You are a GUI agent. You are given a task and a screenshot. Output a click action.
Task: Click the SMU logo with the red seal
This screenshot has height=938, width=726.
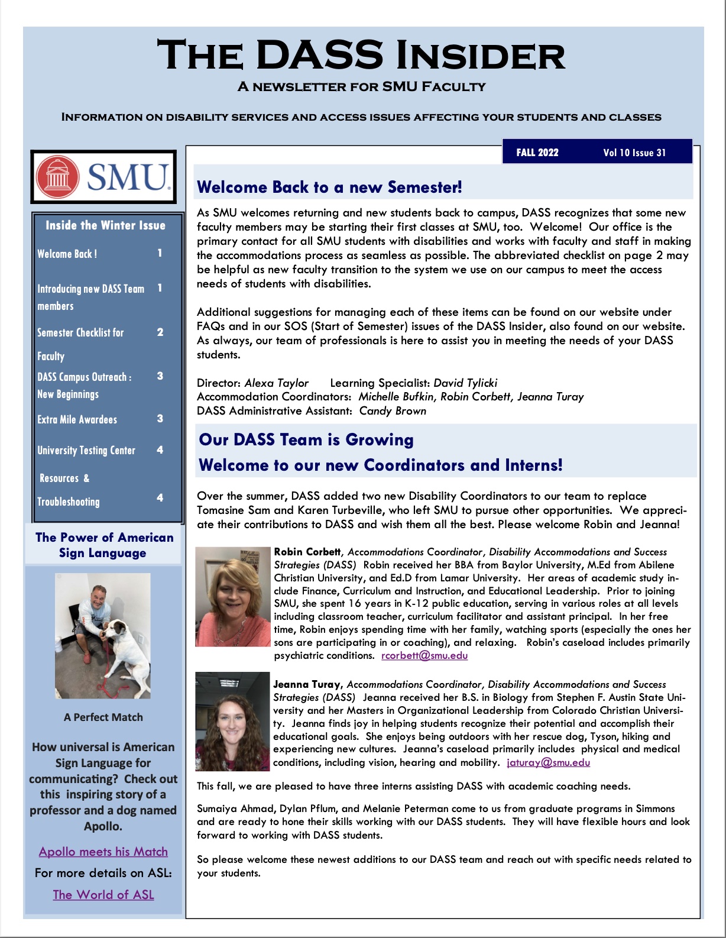point(103,176)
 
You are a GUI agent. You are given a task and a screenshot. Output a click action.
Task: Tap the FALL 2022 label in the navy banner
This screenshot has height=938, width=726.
point(537,153)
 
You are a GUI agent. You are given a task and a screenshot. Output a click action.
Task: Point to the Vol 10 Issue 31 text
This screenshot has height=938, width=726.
point(634,153)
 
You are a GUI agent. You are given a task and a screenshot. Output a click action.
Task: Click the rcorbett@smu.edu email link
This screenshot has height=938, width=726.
point(424,655)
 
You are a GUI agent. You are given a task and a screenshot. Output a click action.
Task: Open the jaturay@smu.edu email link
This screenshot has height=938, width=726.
point(548,762)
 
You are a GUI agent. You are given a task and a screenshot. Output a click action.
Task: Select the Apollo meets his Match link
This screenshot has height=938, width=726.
point(103,852)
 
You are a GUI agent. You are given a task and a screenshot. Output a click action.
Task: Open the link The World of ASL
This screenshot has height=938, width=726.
point(103,894)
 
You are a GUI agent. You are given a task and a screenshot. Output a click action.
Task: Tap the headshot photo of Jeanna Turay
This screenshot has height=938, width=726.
point(232,721)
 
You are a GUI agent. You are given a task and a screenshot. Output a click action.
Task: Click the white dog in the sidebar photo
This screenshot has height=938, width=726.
point(127,651)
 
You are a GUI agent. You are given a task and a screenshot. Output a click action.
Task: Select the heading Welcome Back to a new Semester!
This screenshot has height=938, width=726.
point(329,187)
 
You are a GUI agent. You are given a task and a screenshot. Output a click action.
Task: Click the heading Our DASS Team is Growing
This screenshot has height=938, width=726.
point(306,439)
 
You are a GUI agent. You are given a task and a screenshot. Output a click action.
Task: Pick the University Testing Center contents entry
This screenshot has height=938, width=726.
point(86,451)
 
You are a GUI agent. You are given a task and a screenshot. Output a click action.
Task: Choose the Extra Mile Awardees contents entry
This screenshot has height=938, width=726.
point(77,419)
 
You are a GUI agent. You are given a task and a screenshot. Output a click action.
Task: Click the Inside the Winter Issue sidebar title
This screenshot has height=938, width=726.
point(105,225)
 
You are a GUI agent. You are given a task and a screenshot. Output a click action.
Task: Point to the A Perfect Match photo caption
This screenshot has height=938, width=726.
point(103,717)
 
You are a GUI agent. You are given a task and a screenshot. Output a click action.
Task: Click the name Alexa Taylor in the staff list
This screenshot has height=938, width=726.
point(277,383)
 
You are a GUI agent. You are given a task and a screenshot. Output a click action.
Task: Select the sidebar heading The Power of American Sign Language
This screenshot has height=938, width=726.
point(103,545)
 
